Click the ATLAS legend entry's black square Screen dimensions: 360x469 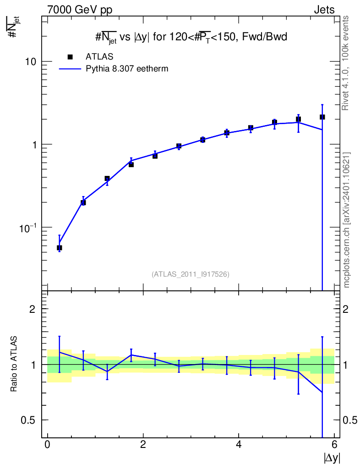click(70, 57)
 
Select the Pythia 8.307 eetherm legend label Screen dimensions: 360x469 click(127, 69)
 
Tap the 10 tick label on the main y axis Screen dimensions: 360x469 click(31, 62)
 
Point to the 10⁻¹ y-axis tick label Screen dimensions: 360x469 click(28, 228)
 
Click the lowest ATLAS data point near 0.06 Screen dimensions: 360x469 click(59, 248)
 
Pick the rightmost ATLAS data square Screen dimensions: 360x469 click(322, 117)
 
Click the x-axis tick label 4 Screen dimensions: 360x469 click(239, 444)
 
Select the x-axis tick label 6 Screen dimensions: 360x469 click(334, 444)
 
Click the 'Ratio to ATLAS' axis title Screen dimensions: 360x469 click(13, 364)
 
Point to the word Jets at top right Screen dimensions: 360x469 click(324, 10)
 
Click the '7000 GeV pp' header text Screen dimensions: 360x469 click(80, 10)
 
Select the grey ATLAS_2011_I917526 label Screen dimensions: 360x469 click(191, 274)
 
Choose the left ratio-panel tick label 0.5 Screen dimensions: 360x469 click(28, 420)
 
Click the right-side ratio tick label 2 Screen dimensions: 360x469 click(345, 309)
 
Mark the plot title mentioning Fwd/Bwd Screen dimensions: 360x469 click(191, 38)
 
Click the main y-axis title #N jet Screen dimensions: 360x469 click(13, 27)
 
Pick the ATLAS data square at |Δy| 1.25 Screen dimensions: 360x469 click(107, 179)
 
